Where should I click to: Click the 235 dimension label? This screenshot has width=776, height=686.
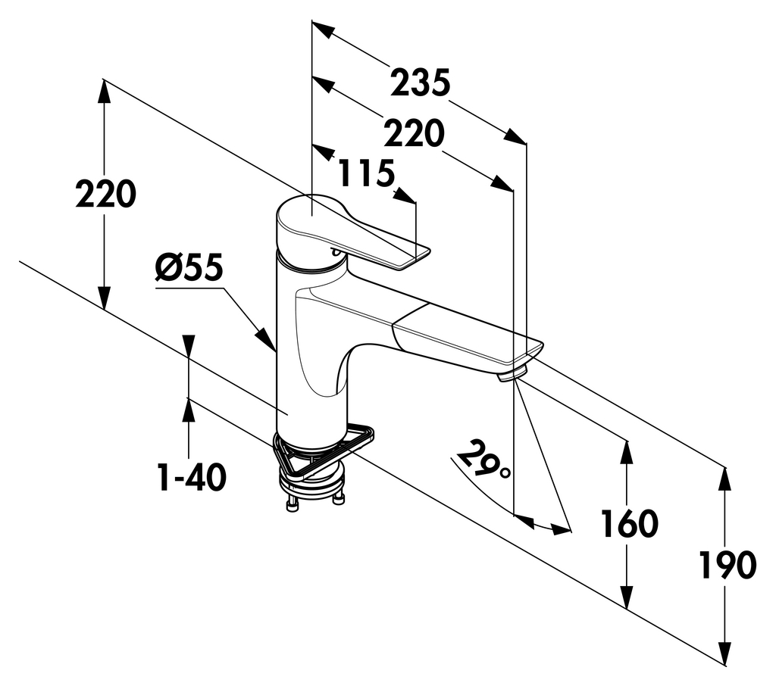click(421, 83)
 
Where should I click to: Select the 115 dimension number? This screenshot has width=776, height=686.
click(366, 174)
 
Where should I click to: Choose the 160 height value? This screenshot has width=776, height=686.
click(629, 523)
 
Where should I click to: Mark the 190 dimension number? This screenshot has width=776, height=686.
click(727, 565)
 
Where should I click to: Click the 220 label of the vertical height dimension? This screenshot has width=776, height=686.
click(105, 195)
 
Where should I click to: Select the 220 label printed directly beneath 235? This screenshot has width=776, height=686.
click(413, 135)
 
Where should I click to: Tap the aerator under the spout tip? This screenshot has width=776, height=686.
click(512, 374)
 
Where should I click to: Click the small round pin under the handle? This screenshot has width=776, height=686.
click(333, 251)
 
